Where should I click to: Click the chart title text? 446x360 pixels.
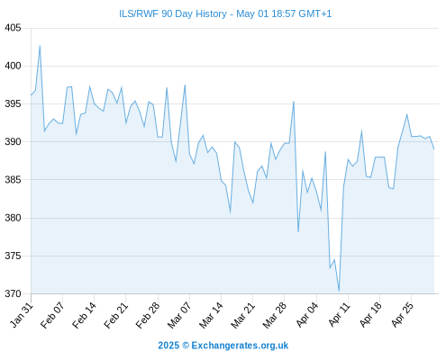pyautogui.click(x=225, y=13)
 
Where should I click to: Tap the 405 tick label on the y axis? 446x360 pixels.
pyautogui.click(x=13, y=28)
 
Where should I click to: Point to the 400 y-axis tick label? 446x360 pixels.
pyautogui.click(x=13, y=66)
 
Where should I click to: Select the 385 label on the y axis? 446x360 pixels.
pyautogui.click(x=13, y=180)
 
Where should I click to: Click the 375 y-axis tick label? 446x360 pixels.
pyautogui.click(x=13, y=256)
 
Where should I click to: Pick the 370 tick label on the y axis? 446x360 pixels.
pyautogui.click(x=13, y=293)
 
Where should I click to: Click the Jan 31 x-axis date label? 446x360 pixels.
pyautogui.click(x=21, y=315)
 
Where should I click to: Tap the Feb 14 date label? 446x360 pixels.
pyautogui.click(x=84, y=315)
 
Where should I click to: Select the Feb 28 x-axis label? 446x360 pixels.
pyautogui.click(x=148, y=315)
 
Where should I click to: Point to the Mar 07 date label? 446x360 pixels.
pyautogui.click(x=179, y=315)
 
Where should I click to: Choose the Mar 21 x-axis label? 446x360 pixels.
pyautogui.click(x=242, y=315)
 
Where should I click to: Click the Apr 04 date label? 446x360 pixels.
pyautogui.click(x=306, y=315)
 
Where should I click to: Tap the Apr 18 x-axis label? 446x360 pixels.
pyautogui.click(x=370, y=315)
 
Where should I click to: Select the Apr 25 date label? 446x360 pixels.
pyautogui.click(x=402, y=315)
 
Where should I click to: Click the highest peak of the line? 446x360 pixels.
pyautogui.click(x=40, y=46)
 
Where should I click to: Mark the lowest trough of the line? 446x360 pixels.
pyautogui.click(x=339, y=291)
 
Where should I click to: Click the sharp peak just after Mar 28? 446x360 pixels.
pyautogui.click(x=294, y=102)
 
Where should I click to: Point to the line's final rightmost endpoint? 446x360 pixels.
pyautogui.click(x=434, y=149)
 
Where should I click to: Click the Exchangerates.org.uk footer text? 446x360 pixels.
pyautogui.click(x=240, y=346)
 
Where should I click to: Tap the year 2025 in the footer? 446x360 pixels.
pyautogui.click(x=168, y=346)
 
